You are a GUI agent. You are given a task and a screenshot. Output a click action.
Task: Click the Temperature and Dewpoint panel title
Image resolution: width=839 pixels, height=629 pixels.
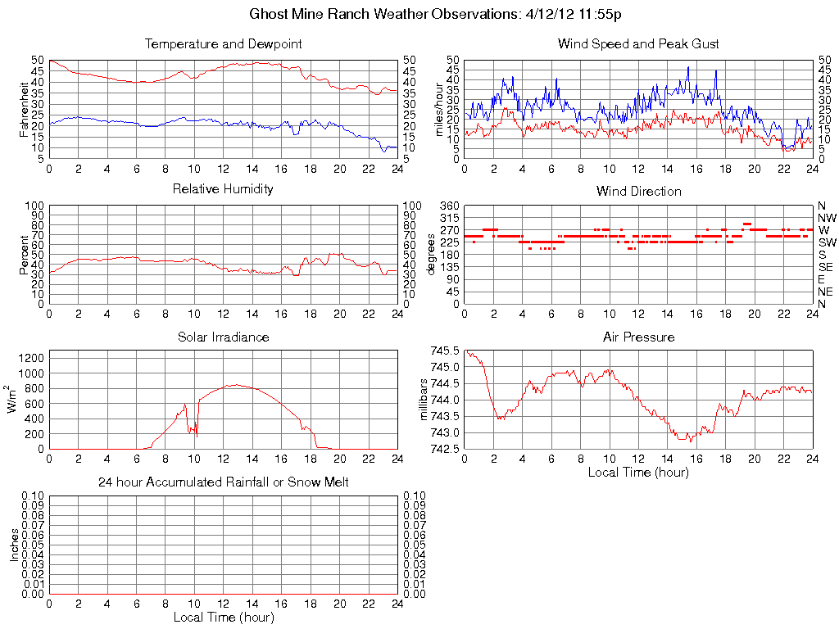(223, 43)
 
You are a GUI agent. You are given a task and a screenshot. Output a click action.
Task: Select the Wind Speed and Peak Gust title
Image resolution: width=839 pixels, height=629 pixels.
(638, 43)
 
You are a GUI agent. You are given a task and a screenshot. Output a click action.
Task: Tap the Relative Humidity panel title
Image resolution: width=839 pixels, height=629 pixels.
(223, 189)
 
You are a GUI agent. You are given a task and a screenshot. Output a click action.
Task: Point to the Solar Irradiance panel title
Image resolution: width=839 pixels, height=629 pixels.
(223, 337)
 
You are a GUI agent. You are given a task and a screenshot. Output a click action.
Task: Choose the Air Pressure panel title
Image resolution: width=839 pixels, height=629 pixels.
(638, 337)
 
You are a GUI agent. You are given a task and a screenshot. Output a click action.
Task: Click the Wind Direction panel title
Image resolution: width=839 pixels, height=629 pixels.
(638, 191)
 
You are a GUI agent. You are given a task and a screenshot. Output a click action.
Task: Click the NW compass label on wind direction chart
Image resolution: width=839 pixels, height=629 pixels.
(827, 218)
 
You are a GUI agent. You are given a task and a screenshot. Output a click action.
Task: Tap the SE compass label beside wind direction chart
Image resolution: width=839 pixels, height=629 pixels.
(826, 267)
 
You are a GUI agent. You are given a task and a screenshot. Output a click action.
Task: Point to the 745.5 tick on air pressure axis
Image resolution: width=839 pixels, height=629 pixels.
(446, 351)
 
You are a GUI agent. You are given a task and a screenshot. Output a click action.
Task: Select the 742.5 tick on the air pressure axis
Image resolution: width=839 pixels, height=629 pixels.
(446, 449)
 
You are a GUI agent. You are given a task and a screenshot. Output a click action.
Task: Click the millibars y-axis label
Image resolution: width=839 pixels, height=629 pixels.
(424, 400)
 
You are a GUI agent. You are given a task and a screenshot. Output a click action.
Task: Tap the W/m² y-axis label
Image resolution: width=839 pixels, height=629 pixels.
(12, 400)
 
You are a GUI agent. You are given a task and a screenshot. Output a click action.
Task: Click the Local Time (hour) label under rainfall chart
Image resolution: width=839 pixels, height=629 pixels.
(223, 617)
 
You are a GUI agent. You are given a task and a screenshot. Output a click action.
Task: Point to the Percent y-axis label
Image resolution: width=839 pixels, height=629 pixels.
(25, 255)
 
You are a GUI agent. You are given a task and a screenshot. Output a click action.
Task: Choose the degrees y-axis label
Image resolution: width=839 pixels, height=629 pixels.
(431, 255)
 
